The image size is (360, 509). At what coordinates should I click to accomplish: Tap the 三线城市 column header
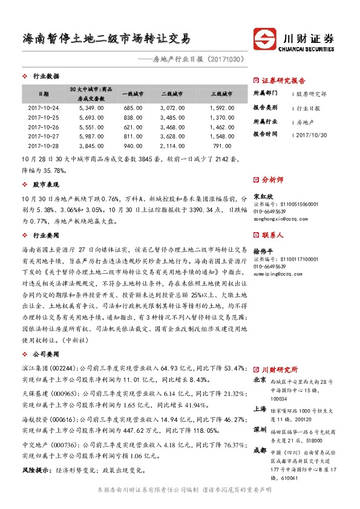coord(221,94)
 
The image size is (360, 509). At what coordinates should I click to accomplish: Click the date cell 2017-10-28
coord(44,146)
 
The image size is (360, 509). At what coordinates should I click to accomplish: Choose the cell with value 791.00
coord(222,146)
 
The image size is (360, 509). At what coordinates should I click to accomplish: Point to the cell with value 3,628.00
coord(172,137)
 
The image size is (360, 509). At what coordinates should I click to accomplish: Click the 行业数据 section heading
coord(46,77)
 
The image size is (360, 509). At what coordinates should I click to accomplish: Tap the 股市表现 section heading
coord(46,184)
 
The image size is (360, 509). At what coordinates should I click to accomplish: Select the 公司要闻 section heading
coord(46,351)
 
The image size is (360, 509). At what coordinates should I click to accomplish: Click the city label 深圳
coord(260,429)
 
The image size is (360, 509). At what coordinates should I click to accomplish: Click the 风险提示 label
coord(34,470)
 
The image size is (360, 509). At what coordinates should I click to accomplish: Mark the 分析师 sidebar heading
coord(272,180)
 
